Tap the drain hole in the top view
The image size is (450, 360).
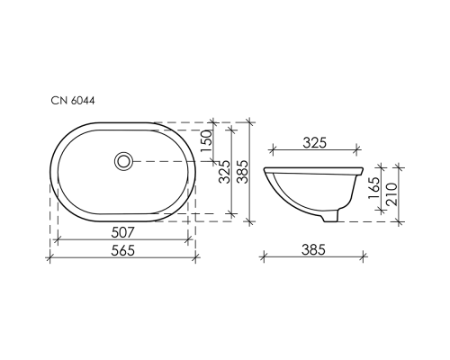(123, 161)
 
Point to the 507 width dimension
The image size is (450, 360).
(123, 231)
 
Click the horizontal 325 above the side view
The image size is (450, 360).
(314, 142)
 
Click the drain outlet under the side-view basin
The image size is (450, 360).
(332, 216)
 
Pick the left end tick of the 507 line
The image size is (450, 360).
(57, 240)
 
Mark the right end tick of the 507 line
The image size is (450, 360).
(189, 240)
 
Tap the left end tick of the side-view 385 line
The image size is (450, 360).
(263, 257)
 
